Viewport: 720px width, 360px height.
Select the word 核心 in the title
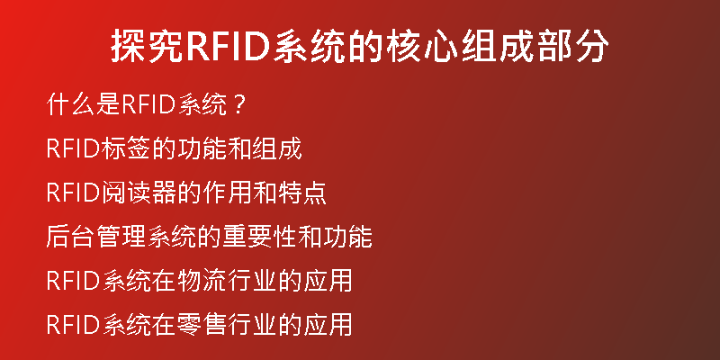tap(421, 47)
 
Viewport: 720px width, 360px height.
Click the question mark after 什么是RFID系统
tap(238, 105)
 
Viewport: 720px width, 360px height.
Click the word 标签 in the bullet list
tap(126, 149)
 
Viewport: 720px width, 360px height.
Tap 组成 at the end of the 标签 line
tap(277, 149)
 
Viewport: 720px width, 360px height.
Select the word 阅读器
tap(139, 193)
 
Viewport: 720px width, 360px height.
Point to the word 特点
tap(302, 193)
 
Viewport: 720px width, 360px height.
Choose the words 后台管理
tap(96, 238)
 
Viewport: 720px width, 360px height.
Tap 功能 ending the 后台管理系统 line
tap(347, 238)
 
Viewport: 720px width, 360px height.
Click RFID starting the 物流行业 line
tap(74, 282)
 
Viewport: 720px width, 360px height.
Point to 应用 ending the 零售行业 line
tap(328, 325)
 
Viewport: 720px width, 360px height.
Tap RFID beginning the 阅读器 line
tap(74, 193)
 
